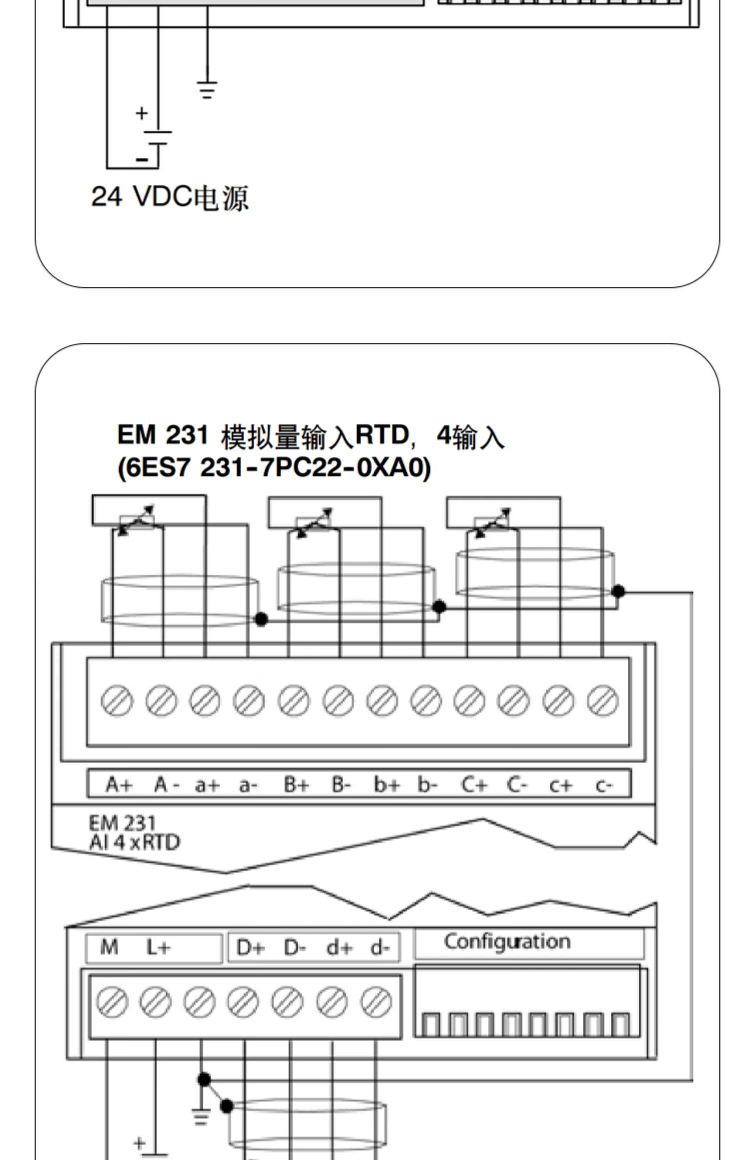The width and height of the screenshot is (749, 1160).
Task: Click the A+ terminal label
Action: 119,785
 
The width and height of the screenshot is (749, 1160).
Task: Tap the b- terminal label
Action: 427,785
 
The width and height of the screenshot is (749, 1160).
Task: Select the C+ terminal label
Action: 473,785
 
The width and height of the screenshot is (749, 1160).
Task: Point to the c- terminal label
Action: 603,786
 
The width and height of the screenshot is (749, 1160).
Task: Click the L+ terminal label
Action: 158,947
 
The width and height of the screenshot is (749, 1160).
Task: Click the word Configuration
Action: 507,941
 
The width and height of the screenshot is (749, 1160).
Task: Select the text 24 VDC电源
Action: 170,197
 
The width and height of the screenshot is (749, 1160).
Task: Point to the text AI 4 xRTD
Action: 134,843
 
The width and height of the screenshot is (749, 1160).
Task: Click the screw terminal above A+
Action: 117,701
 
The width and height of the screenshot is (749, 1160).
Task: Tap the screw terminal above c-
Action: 603,701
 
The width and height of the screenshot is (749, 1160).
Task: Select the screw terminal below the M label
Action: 112,1003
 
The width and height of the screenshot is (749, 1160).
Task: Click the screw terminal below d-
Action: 376,1003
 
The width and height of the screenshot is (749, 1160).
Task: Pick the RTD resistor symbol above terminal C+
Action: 492,523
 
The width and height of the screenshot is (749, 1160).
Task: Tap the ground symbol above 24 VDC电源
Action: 207,90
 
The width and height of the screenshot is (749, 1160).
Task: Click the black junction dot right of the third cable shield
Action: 618,591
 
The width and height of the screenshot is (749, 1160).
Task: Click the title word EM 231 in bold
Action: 162,435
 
